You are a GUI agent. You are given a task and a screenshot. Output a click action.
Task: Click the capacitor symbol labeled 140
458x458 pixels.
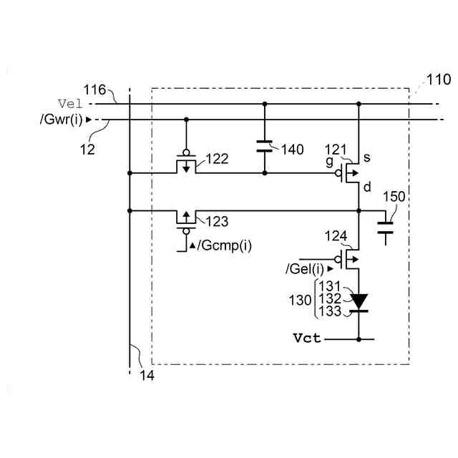265,148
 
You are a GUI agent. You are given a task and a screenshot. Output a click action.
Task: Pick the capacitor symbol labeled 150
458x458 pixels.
386,227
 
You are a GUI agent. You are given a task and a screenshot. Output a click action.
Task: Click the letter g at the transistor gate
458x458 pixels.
329,162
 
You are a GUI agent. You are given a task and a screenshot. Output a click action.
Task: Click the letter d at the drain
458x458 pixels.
367,187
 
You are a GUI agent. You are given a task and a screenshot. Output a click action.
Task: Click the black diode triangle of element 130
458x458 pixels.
358,300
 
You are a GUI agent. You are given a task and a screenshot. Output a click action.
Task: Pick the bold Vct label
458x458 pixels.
306,337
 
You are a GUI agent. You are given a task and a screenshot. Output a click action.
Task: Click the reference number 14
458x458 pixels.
147,373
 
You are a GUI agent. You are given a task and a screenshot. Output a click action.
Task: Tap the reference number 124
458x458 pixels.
336,235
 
